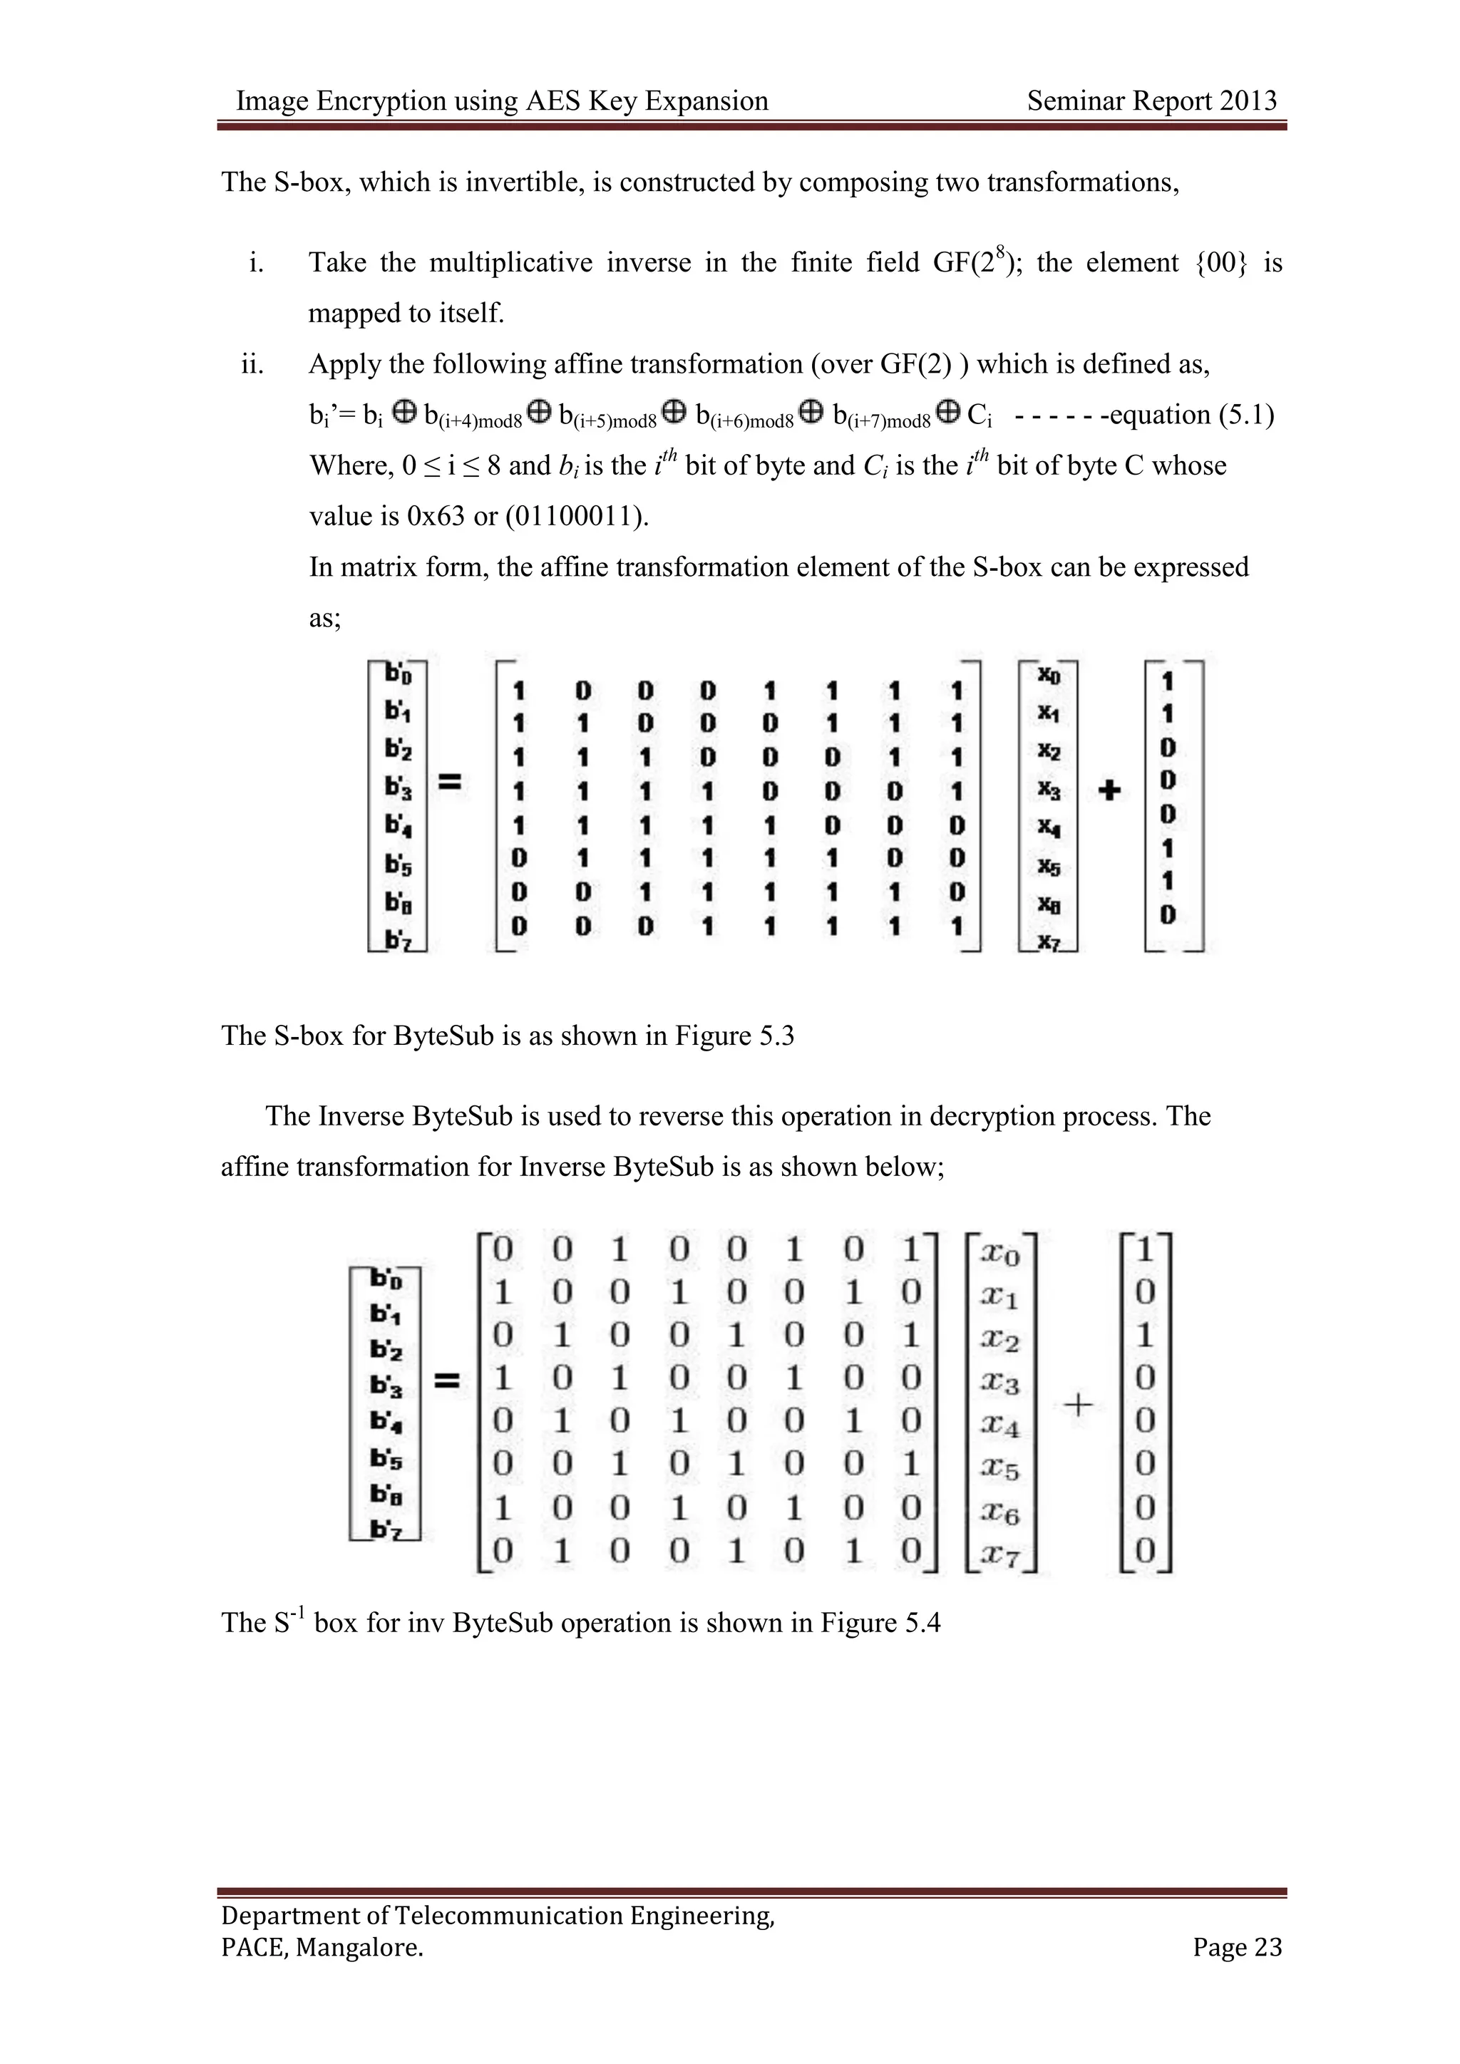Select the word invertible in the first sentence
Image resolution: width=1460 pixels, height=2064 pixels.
pos(530,182)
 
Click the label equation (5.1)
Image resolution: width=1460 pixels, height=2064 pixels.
pos(1191,416)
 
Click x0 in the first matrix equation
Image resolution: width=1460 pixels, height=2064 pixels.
pos(1048,674)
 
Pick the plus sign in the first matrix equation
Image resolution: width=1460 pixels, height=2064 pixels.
pos(1110,790)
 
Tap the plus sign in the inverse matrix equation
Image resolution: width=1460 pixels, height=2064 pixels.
pos(1079,1403)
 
